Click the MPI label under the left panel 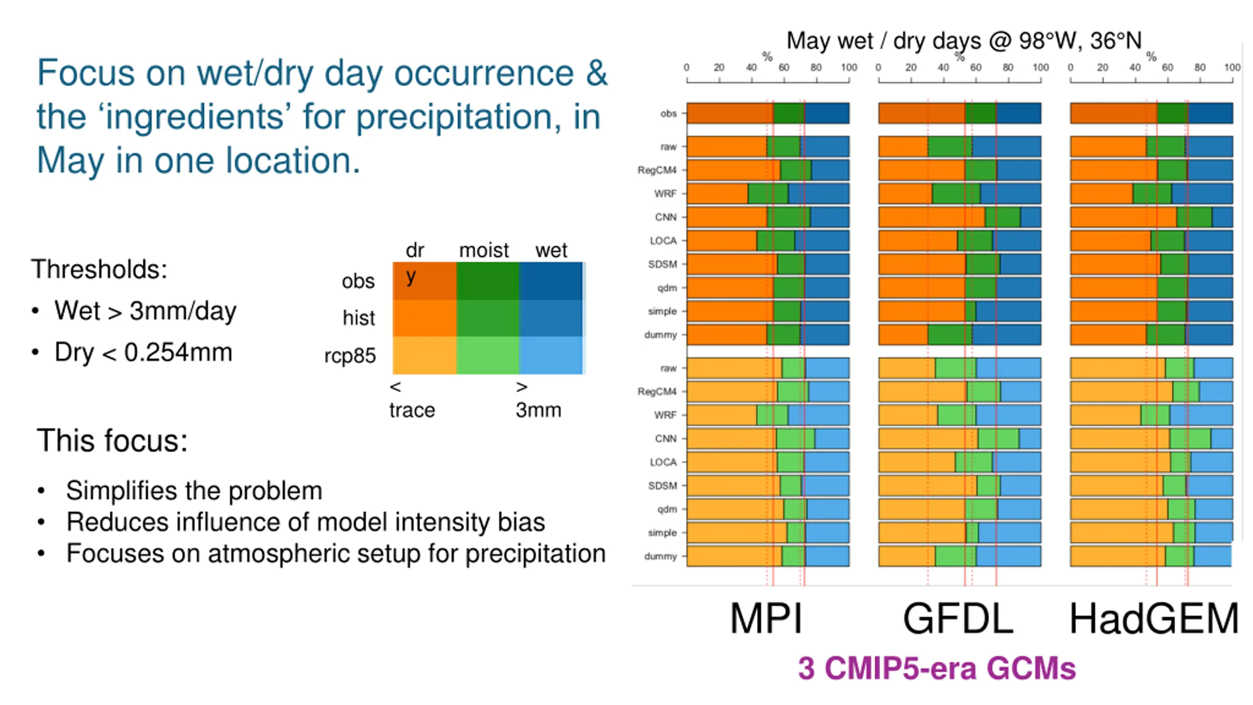tap(766, 618)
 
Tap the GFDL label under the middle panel tap(958, 618)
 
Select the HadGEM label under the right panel tap(1154, 618)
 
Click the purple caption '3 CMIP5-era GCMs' tap(937, 668)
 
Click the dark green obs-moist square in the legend tap(487, 281)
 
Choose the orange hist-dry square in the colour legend tap(424, 318)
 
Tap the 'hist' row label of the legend tap(358, 318)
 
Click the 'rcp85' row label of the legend tap(350, 355)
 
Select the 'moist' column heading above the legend tap(484, 250)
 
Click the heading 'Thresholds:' tap(99, 269)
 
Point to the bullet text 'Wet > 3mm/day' tap(145, 310)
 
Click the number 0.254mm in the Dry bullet tap(178, 352)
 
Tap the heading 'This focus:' tap(112, 440)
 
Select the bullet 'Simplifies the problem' tap(194, 491)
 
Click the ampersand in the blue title tap(597, 73)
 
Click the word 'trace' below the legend tap(412, 410)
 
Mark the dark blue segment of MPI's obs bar tap(826, 113)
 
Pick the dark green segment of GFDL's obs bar tap(980, 113)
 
